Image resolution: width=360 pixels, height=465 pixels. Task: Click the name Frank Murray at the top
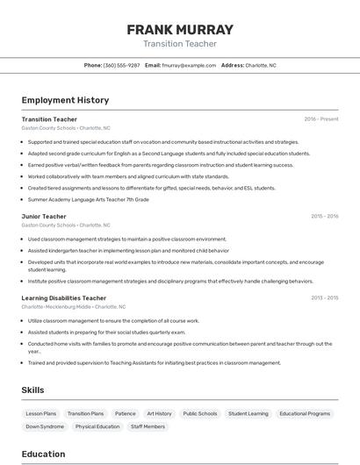click(179, 29)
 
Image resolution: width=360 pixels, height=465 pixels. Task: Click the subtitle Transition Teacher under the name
click(179, 43)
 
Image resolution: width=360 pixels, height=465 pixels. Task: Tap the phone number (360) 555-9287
click(121, 65)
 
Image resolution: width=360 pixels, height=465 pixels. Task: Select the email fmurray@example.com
click(189, 65)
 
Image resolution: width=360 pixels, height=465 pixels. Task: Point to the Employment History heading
click(65, 100)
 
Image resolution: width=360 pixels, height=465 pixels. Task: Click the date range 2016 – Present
click(321, 118)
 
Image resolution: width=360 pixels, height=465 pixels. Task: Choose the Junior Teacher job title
click(44, 216)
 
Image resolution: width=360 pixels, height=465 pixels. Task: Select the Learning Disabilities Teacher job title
click(64, 298)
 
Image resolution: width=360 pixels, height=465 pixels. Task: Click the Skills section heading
click(33, 390)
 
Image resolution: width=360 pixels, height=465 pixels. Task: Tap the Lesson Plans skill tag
click(41, 413)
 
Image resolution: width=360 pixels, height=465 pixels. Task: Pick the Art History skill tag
click(159, 413)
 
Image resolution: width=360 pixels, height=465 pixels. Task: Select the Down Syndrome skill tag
click(45, 426)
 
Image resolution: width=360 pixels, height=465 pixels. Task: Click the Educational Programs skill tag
click(306, 413)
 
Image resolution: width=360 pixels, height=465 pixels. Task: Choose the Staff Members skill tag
click(148, 426)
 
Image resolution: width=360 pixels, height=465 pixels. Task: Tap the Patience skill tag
click(126, 413)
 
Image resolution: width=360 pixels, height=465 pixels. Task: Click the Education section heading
click(44, 454)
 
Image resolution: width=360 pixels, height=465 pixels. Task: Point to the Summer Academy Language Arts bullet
click(88, 199)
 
